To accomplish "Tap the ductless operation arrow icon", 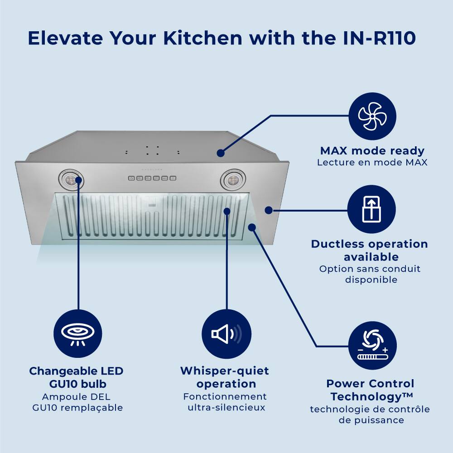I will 371,209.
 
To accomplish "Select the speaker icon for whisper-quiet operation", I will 226,334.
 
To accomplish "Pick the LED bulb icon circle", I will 78,334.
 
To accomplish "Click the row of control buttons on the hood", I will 152,178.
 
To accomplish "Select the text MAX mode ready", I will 372,151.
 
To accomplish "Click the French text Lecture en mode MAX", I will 372,162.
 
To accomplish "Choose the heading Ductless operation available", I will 369,251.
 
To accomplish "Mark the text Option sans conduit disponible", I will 370,274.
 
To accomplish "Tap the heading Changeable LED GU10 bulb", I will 77,377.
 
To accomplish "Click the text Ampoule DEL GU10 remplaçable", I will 77,402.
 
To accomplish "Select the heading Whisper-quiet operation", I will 225,377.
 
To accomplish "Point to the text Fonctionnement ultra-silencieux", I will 225,402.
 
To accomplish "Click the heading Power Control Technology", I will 371,390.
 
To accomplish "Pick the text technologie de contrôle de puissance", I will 370,414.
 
